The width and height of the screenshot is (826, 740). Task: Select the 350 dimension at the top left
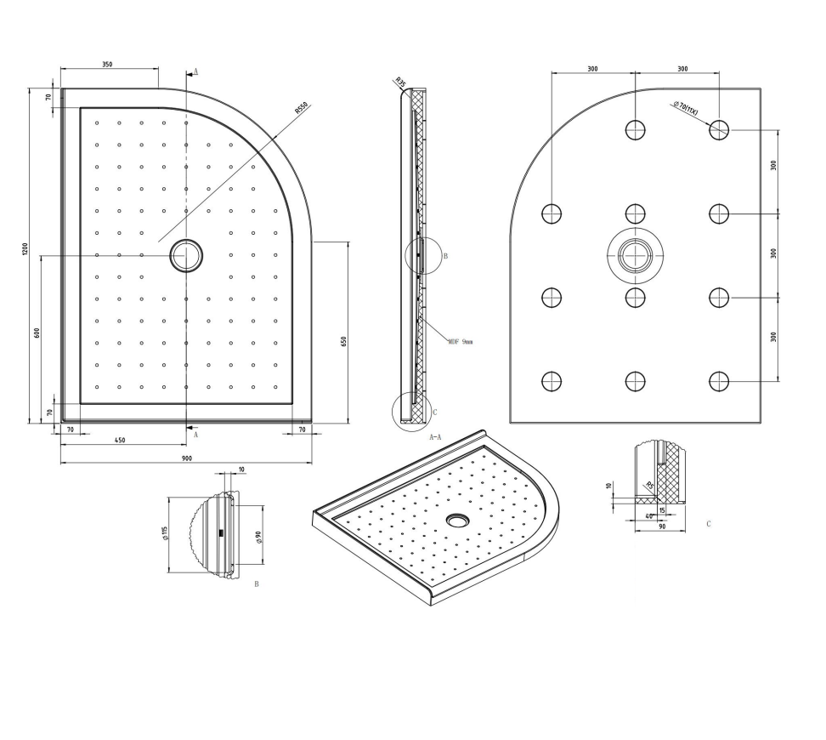pos(107,65)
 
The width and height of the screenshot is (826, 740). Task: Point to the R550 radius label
pos(301,108)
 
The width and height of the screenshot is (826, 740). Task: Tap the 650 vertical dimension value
pos(344,341)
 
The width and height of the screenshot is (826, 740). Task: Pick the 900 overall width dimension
pos(186,458)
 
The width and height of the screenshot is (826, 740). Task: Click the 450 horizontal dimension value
pos(120,440)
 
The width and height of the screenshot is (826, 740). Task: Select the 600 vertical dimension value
pos(37,333)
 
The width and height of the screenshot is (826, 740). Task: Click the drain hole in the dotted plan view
pos(185,255)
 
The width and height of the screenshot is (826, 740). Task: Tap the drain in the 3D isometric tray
pos(458,518)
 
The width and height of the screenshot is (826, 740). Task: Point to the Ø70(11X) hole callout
pos(685,108)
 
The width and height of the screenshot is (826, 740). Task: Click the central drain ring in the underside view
pos(635,254)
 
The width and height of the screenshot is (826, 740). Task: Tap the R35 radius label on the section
pos(399,83)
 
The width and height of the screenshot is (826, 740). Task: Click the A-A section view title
pos(434,436)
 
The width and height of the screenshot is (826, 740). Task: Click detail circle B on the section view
pos(422,254)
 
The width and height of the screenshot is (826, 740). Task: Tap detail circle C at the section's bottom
pos(411,410)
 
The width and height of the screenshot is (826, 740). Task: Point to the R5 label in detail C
pos(650,486)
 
